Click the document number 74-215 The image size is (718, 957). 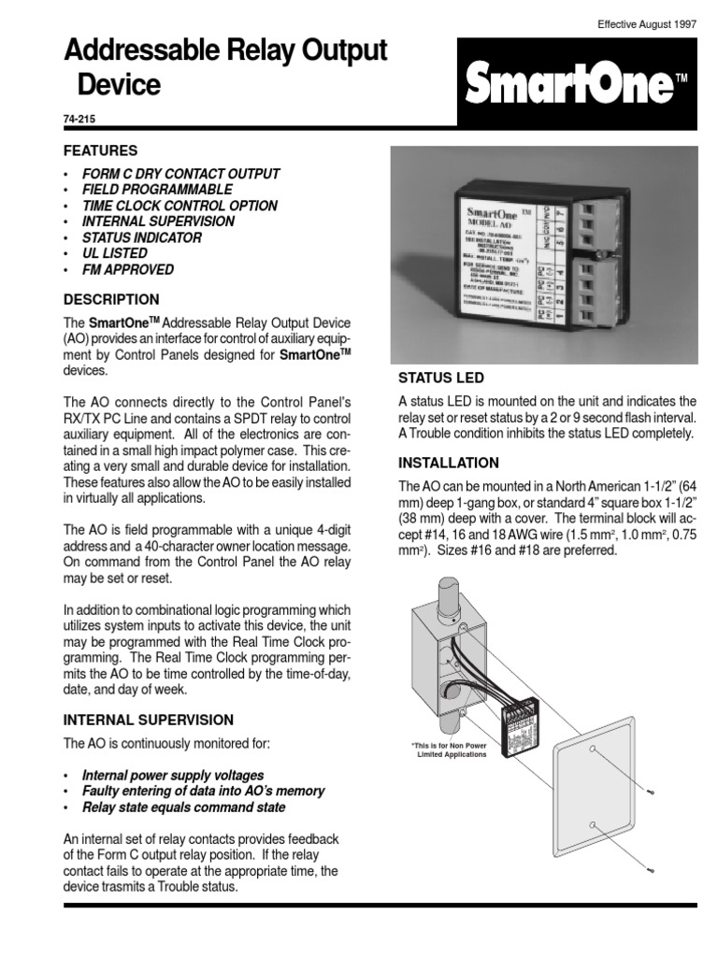click(x=79, y=121)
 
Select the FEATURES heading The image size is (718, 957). click(x=100, y=150)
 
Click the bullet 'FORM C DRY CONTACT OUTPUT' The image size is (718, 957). click(x=181, y=174)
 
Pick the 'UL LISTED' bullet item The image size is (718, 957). click(x=115, y=253)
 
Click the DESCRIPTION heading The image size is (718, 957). click(x=111, y=300)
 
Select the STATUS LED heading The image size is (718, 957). click(x=442, y=378)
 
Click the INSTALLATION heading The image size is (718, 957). click(x=449, y=463)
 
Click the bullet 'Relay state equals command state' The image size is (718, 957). click(x=184, y=807)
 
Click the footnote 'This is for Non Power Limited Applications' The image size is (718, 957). click(x=449, y=750)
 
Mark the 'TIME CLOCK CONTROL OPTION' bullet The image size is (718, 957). click(x=179, y=206)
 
